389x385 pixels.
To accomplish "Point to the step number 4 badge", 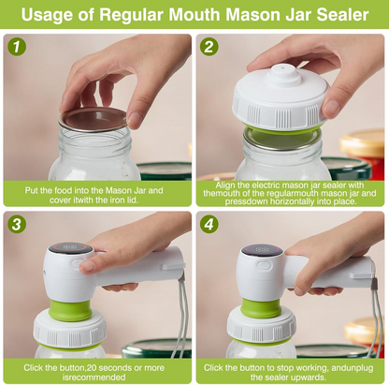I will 211,226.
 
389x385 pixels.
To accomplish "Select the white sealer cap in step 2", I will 281,98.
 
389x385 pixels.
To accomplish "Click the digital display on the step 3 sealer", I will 69,248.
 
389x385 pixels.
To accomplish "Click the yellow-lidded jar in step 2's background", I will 364,150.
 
